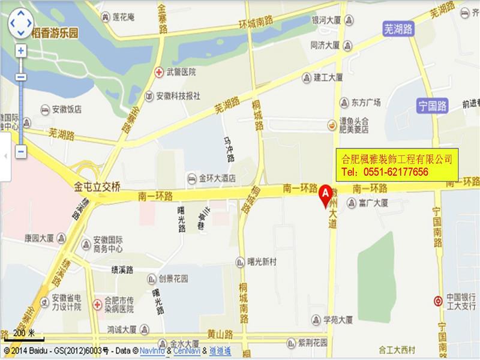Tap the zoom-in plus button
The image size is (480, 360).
pos(21,51)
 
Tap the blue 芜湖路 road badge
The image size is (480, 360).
pos(398,28)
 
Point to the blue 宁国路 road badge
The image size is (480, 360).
pos(433,107)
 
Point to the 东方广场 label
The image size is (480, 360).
pos(365,103)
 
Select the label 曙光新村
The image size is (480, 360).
pos(262,262)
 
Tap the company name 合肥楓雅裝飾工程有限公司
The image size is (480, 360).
pos(396,160)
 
